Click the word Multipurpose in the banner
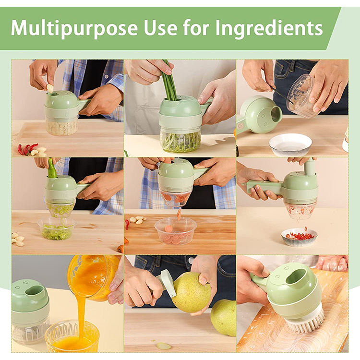tap(74, 28)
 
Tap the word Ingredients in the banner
tap(269, 28)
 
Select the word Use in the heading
tap(160, 27)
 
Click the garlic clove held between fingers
tap(50, 88)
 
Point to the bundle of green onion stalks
tap(170, 80)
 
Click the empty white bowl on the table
tap(290, 144)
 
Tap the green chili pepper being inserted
tap(52, 168)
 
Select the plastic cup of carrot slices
tap(176, 230)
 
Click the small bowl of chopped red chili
tap(299, 237)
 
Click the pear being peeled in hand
tap(191, 292)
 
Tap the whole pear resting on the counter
tap(223, 318)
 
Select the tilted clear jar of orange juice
tap(93, 278)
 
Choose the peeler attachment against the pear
tap(168, 282)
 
